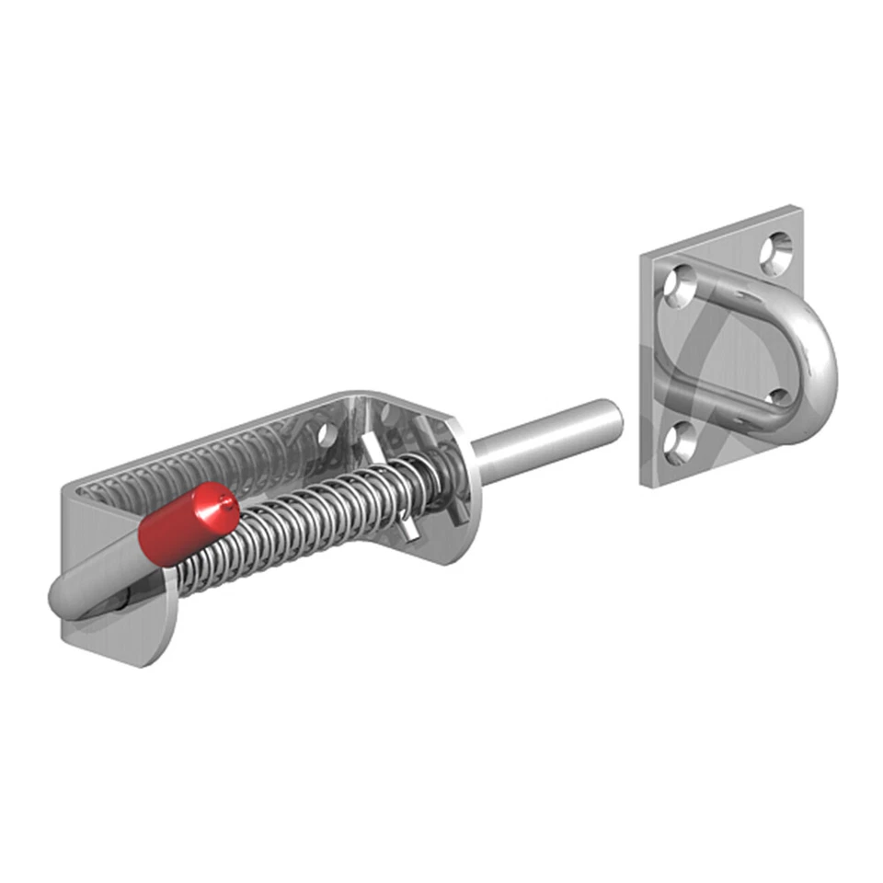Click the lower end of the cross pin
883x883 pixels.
pyautogui.click(x=409, y=533)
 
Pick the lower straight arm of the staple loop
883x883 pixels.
pyautogui.click(x=727, y=405)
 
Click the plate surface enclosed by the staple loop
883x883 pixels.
pyautogui.click(x=727, y=350)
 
